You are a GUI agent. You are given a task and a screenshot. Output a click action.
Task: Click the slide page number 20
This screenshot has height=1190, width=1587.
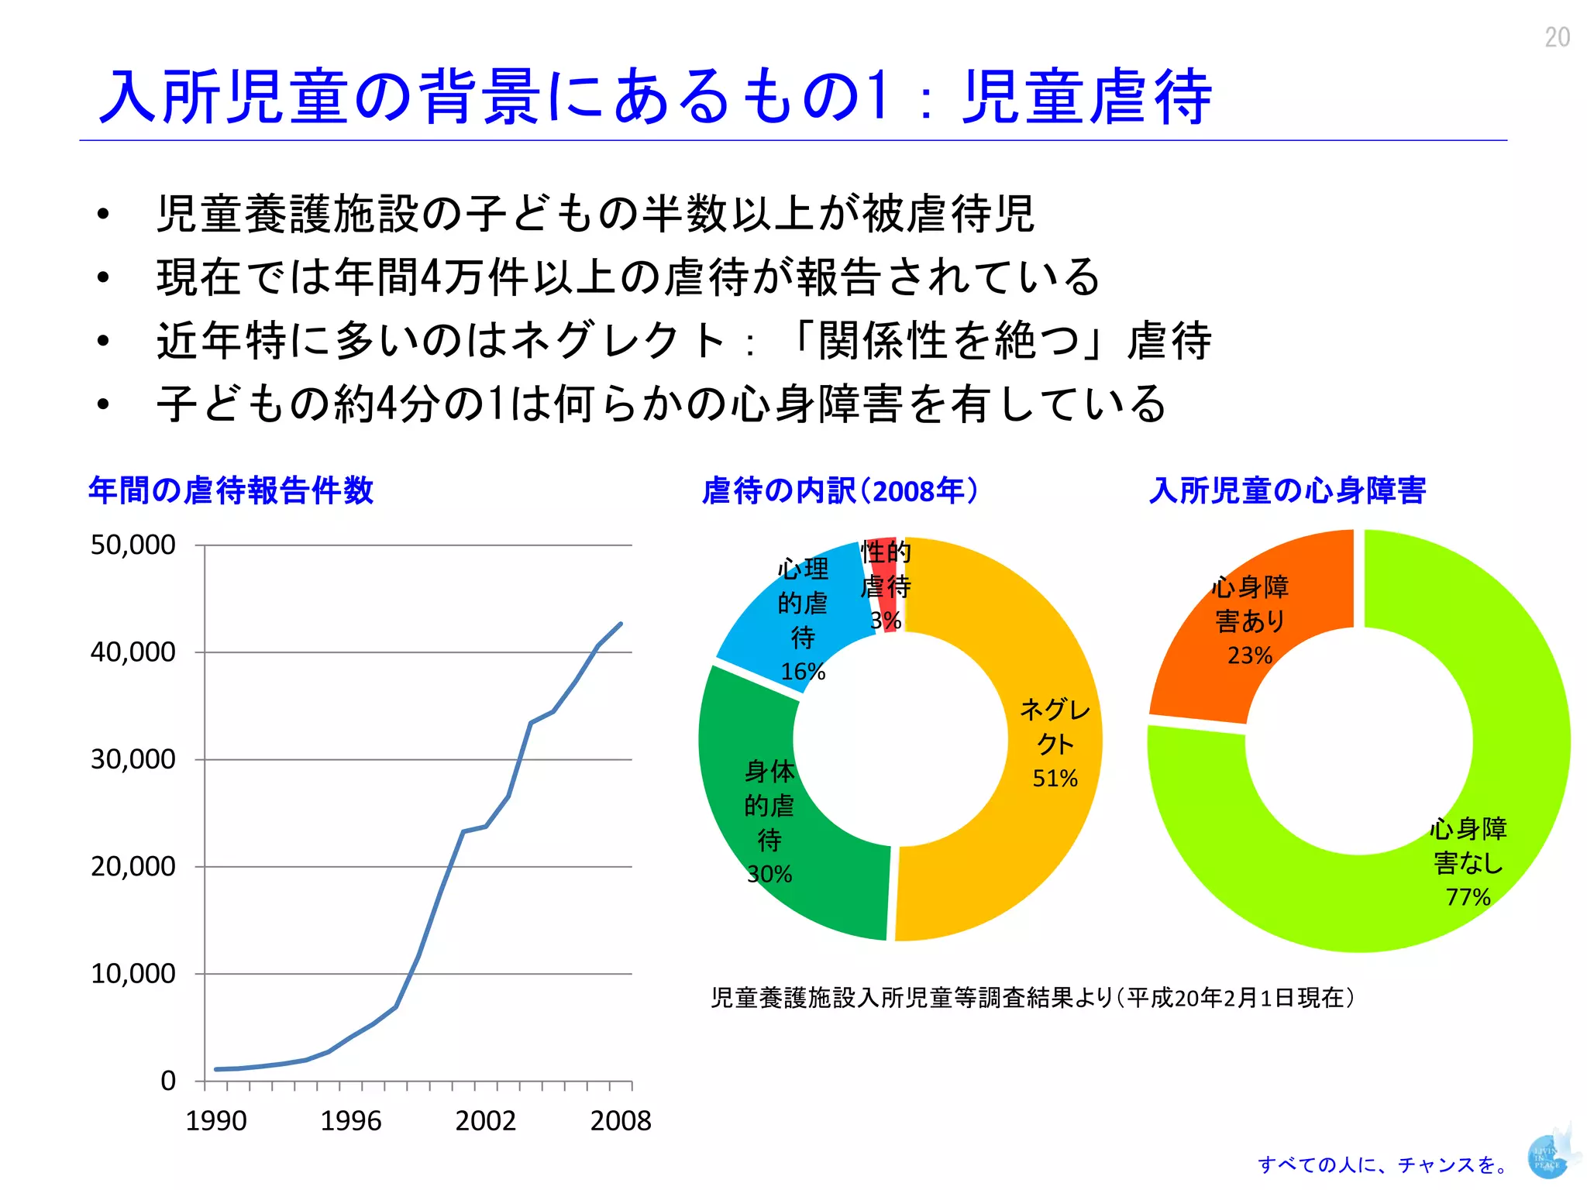coord(1557,37)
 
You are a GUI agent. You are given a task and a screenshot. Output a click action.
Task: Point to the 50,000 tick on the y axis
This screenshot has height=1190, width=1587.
coord(133,545)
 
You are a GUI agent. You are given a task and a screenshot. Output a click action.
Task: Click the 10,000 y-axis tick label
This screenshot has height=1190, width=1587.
coord(133,973)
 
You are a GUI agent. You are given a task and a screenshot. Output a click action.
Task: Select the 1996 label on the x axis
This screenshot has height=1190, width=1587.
coord(351,1120)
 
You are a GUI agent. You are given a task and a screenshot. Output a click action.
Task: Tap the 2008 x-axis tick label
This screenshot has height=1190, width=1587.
coord(621,1120)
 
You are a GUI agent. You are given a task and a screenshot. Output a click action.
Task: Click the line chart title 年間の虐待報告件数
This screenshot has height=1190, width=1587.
coord(231,490)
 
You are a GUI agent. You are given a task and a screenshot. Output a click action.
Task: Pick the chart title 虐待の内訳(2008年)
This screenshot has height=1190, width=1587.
coord(840,490)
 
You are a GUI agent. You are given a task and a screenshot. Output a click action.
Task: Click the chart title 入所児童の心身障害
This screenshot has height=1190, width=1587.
coord(1287,490)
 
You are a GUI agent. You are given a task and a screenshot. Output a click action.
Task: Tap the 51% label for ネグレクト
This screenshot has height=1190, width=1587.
coord(1055,778)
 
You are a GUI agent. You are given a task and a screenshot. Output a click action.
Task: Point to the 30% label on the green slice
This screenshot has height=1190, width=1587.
coord(769,874)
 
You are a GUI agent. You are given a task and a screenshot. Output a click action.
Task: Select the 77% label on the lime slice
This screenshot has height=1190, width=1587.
coord(1468,896)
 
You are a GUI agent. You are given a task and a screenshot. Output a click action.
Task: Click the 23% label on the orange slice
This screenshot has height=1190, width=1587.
coord(1250,655)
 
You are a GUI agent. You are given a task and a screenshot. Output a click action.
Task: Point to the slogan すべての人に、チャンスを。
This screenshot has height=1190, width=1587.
coord(1384,1164)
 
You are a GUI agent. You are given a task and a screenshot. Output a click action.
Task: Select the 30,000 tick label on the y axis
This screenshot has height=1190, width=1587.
coord(133,759)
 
